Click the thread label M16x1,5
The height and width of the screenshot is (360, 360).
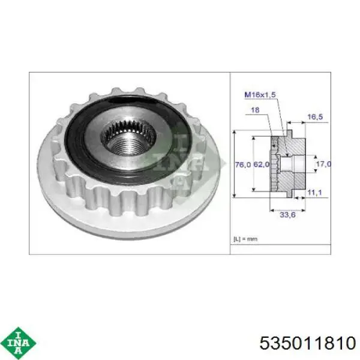(260, 95)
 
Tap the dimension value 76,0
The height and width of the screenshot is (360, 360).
(243, 164)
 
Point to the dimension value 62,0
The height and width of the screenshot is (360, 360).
(261, 164)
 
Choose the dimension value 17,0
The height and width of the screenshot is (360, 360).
(324, 164)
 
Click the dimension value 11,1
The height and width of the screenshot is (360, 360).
(314, 193)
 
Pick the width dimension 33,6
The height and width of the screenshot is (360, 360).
(287, 215)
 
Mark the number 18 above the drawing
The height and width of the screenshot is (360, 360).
(255, 110)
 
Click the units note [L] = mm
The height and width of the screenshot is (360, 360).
(245, 239)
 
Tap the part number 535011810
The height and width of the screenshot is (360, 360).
(308, 343)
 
